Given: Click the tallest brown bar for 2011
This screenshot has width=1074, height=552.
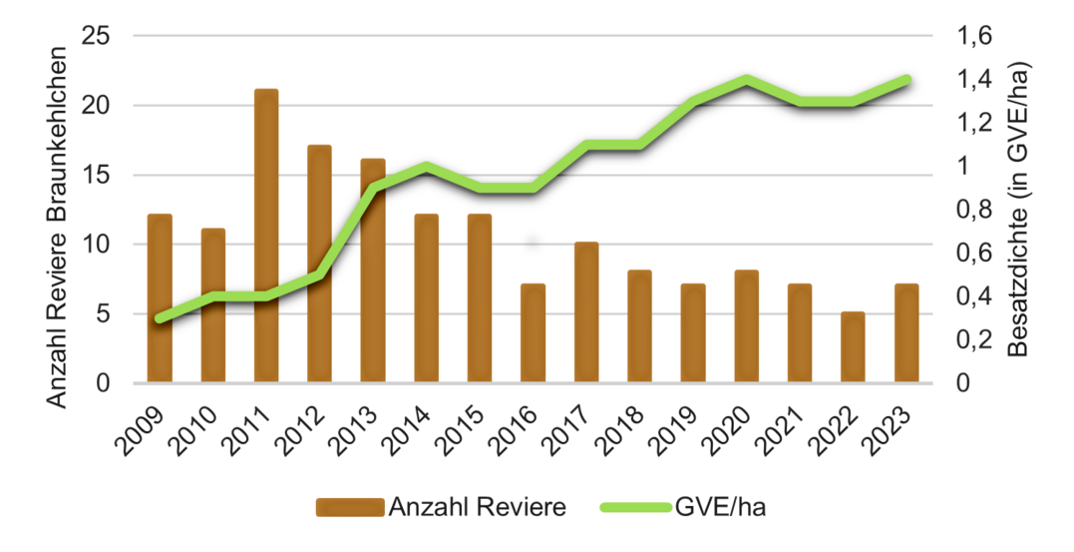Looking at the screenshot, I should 266,236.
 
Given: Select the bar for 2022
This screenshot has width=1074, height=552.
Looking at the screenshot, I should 853,347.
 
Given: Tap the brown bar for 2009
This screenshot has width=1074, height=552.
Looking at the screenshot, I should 160,298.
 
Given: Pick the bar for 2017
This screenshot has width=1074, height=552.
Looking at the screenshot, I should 586,312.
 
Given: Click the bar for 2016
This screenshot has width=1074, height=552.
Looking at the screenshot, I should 533,333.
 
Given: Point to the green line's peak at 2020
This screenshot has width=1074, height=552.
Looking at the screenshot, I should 746,79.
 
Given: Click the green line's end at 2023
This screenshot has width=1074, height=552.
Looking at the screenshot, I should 905,79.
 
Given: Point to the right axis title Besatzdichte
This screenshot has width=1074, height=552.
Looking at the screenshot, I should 1016,210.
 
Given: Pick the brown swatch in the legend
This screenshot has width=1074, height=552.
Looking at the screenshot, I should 349,508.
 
